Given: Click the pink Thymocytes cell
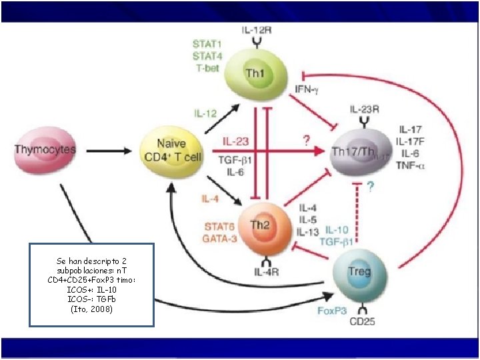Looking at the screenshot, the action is [45, 150].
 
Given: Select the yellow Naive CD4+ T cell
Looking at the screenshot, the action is [171, 150].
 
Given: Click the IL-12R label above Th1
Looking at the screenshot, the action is [256, 31].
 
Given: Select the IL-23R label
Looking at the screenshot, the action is [365, 109].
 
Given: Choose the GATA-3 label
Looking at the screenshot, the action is [221, 238].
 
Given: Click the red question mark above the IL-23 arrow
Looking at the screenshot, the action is [306, 141].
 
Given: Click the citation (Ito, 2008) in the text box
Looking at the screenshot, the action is [91, 309].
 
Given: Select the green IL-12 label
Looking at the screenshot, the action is [205, 114].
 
